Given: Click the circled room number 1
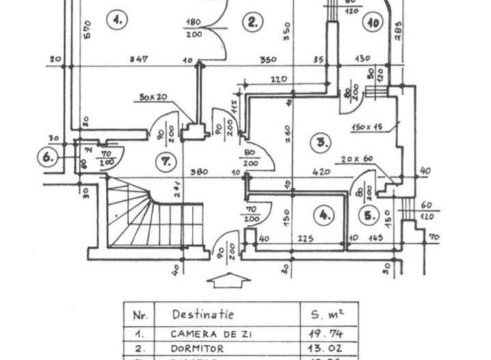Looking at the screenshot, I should (x=118, y=20).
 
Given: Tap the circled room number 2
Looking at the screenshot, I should (x=253, y=22).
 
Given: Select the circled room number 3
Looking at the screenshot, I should (x=321, y=143).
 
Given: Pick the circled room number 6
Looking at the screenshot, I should (x=48, y=158).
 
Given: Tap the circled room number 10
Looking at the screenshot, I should (x=372, y=22).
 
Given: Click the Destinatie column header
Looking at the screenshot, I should (x=202, y=315).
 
